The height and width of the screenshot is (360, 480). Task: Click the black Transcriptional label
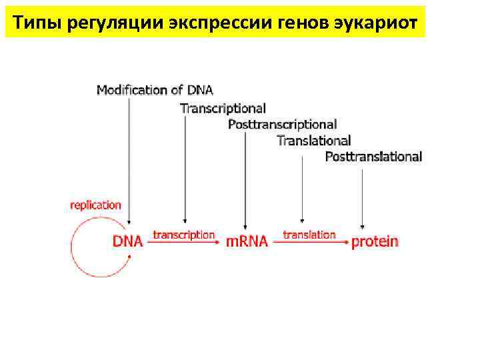(x=223, y=107)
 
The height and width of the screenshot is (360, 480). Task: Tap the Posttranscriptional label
(x=282, y=124)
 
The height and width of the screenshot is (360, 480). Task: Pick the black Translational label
(x=313, y=141)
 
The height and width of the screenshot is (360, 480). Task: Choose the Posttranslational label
(x=373, y=157)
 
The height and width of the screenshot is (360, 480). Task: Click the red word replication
(x=96, y=205)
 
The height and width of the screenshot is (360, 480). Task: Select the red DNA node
(x=127, y=241)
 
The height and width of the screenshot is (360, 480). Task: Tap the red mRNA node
(x=247, y=241)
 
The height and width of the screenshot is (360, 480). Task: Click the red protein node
(x=375, y=241)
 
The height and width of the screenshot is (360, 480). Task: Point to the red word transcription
(x=184, y=235)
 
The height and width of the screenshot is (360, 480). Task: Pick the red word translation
(x=309, y=235)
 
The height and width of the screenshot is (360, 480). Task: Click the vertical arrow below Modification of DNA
(x=128, y=160)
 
